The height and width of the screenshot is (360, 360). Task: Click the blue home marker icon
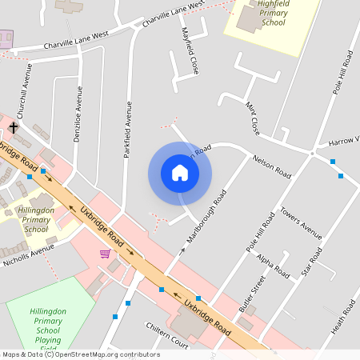(180, 173)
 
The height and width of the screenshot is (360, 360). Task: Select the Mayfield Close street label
(190, 51)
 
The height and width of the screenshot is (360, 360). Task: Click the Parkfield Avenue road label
(126, 130)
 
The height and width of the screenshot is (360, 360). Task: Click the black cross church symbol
(14, 127)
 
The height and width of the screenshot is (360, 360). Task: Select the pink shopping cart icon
(105, 254)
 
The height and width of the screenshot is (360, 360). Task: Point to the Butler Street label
(251, 294)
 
